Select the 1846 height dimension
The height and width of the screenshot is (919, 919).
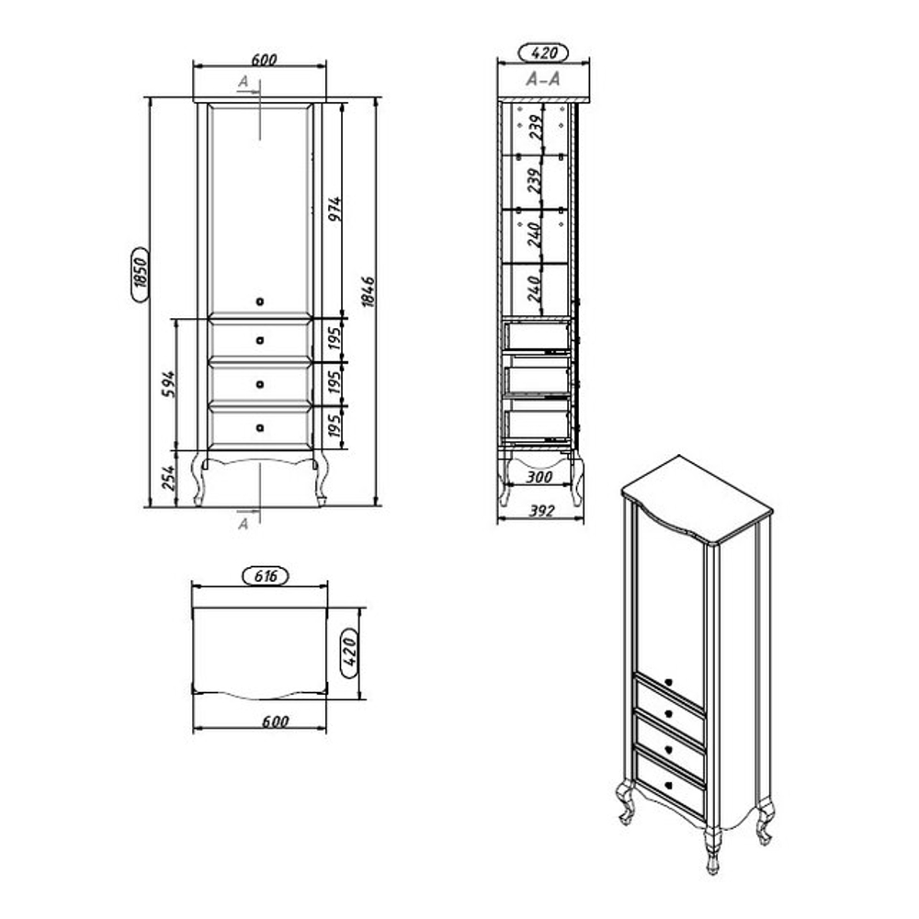[x=368, y=292]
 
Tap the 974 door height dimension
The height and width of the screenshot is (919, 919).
[x=335, y=210]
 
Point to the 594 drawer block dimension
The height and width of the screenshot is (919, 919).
[x=168, y=384]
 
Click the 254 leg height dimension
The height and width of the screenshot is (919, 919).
[x=168, y=478]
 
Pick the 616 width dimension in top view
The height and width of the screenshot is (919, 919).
[x=266, y=576]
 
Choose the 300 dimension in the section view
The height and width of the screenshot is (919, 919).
[x=539, y=477]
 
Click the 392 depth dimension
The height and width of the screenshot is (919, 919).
[x=541, y=510]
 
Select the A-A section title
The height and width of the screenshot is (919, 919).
[x=543, y=78]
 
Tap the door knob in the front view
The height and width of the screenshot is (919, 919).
[x=260, y=301]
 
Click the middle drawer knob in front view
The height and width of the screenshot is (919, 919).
[x=260, y=384]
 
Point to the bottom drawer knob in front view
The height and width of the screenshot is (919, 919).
[x=260, y=428]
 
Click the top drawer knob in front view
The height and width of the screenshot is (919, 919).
[x=260, y=341]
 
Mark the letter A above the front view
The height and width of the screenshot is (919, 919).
[x=244, y=82]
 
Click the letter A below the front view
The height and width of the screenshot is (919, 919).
[x=244, y=524]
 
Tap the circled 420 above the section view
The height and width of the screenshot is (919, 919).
[x=544, y=52]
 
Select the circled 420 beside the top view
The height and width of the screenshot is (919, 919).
[x=349, y=652]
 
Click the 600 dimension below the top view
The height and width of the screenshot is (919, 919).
[x=276, y=721]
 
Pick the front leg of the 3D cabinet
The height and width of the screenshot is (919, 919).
[x=712, y=850]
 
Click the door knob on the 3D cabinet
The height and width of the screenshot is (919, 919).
[x=669, y=682]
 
